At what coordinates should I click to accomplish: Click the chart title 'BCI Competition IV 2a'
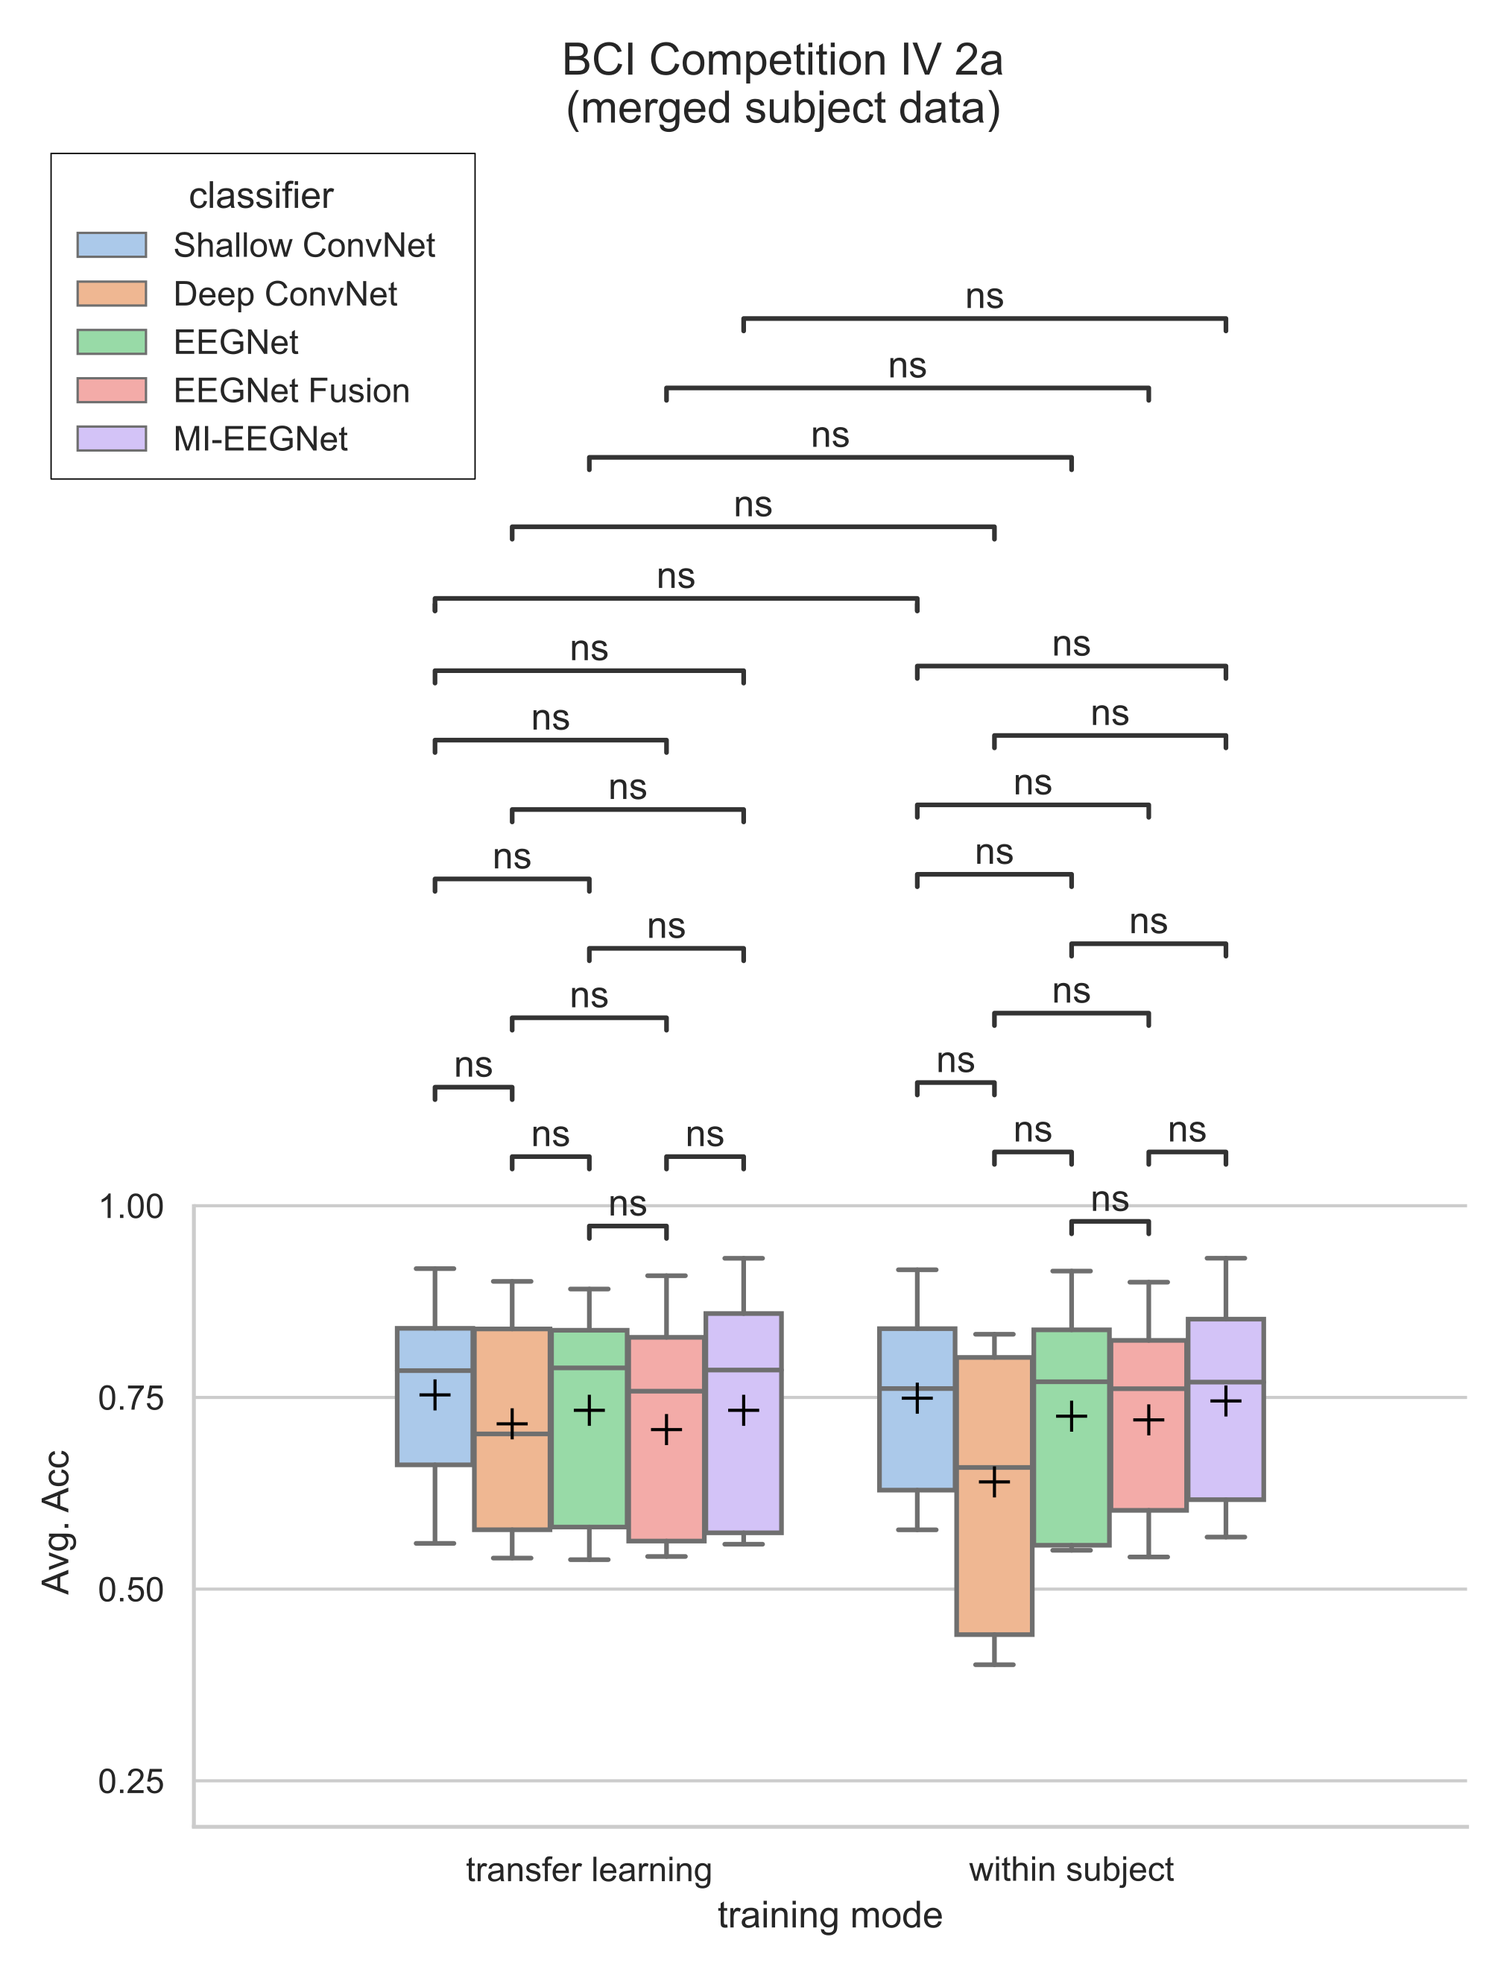(x=783, y=60)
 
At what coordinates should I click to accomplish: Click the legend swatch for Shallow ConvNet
(x=112, y=244)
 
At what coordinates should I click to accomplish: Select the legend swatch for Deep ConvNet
(x=112, y=294)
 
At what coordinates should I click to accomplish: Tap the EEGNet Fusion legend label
(x=291, y=391)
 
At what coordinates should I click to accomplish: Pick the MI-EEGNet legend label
(x=260, y=439)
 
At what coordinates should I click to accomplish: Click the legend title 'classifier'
(x=261, y=195)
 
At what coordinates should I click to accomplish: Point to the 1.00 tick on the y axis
(x=131, y=1207)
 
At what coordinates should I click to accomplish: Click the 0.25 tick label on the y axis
(x=131, y=1781)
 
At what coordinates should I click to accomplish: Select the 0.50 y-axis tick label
(x=131, y=1590)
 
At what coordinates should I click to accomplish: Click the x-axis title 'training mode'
(x=829, y=1915)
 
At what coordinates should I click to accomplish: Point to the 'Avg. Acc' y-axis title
(x=56, y=1523)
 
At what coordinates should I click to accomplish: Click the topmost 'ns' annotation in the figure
(x=984, y=297)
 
